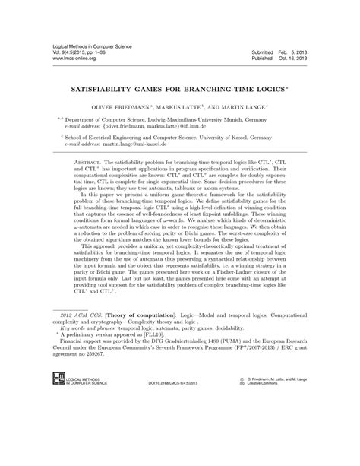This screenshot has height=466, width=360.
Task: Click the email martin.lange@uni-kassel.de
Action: click(140, 147)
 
